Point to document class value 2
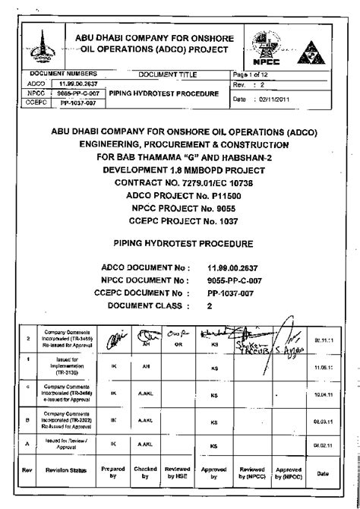point(210,305)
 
